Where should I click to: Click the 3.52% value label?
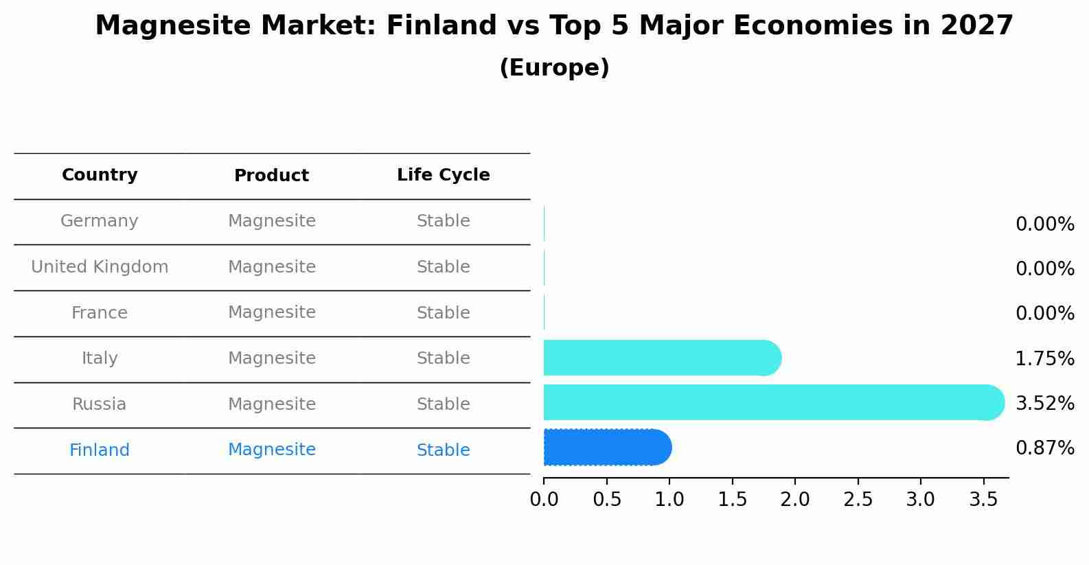1044,403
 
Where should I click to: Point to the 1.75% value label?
1044,358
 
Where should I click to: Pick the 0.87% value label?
1044,448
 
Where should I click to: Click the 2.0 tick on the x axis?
795,500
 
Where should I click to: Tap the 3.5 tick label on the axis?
983,500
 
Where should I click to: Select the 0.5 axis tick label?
607,500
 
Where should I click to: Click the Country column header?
100,175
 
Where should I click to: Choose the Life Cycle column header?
443,175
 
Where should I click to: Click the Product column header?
271,176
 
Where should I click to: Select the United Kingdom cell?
100,267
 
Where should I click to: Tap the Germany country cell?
100,221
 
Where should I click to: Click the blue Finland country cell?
100,450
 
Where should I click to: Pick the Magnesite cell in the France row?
271,312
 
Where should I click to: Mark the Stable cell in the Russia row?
443,404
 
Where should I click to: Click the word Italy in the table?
100,358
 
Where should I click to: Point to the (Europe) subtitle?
554,68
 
